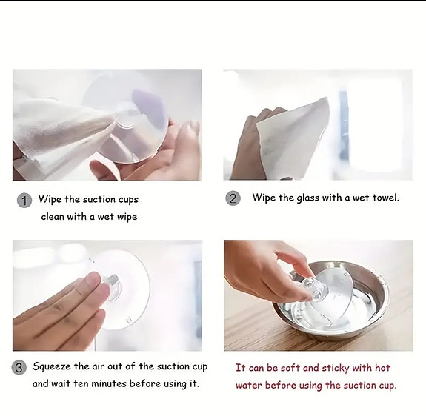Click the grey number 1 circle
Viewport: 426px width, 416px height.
(x=24, y=200)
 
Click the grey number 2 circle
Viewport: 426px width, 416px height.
(x=233, y=198)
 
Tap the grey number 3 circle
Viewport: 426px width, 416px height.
(x=20, y=367)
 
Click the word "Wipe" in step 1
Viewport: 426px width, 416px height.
(x=50, y=199)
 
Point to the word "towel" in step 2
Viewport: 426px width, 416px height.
(x=383, y=198)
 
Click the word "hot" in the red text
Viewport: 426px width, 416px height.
(x=382, y=368)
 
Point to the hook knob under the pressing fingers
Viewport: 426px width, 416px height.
(x=111, y=285)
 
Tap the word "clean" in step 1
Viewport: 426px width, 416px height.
(x=54, y=217)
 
